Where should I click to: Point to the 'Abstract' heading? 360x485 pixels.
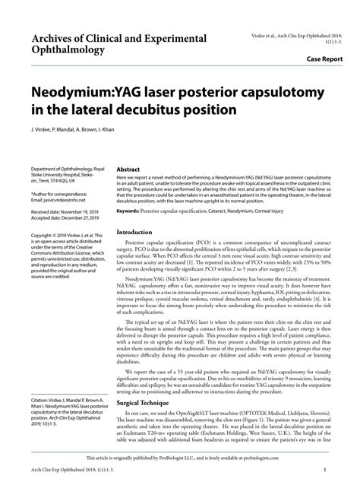tap(127, 171)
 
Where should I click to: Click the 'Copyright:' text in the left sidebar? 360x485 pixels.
tap(43, 234)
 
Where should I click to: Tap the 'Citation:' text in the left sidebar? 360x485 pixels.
tap(43, 398)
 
